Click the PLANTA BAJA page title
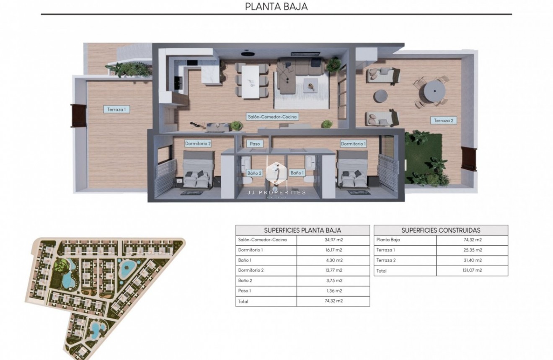(x=276, y=6)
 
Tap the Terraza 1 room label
(x=116, y=109)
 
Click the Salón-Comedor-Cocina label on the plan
(x=272, y=117)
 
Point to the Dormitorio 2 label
(x=198, y=143)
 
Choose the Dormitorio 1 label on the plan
(x=353, y=144)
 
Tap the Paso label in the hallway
(x=255, y=143)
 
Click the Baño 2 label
(x=254, y=173)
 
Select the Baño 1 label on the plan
(x=297, y=173)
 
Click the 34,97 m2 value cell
(x=333, y=240)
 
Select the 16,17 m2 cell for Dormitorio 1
(x=333, y=250)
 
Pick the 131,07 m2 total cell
(x=472, y=271)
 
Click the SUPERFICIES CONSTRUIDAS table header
(x=441, y=230)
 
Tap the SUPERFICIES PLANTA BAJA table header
(x=302, y=230)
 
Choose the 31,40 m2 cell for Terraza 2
(x=472, y=260)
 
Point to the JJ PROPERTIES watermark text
(x=276, y=192)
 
